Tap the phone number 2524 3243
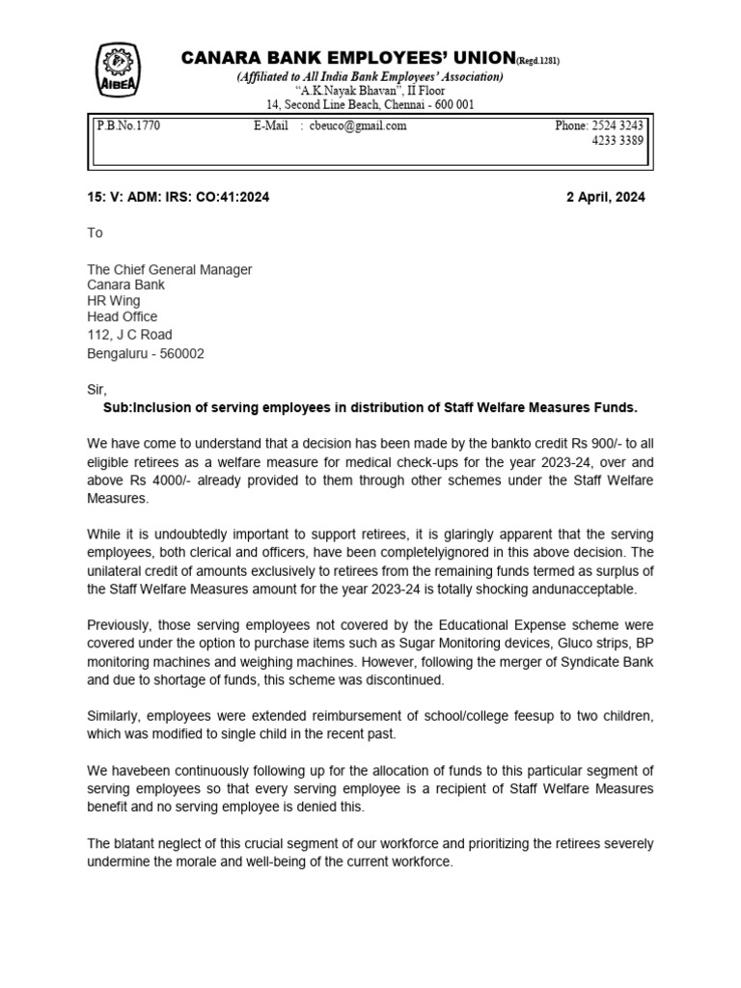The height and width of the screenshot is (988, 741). click(x=617, y=125)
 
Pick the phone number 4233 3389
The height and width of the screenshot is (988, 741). click(x=617, y=141)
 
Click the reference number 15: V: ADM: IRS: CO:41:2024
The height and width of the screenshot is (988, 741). click(x=178, y=197)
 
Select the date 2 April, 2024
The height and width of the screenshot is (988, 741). click(x=605, y=197)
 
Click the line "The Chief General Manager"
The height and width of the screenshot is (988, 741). click(x=170, y=269)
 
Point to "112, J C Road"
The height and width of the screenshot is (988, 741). click(x=130, y=335)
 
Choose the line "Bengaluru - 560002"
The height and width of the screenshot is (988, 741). click(x=146, y=353)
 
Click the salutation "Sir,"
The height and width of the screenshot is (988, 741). click(x=97, y=390)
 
